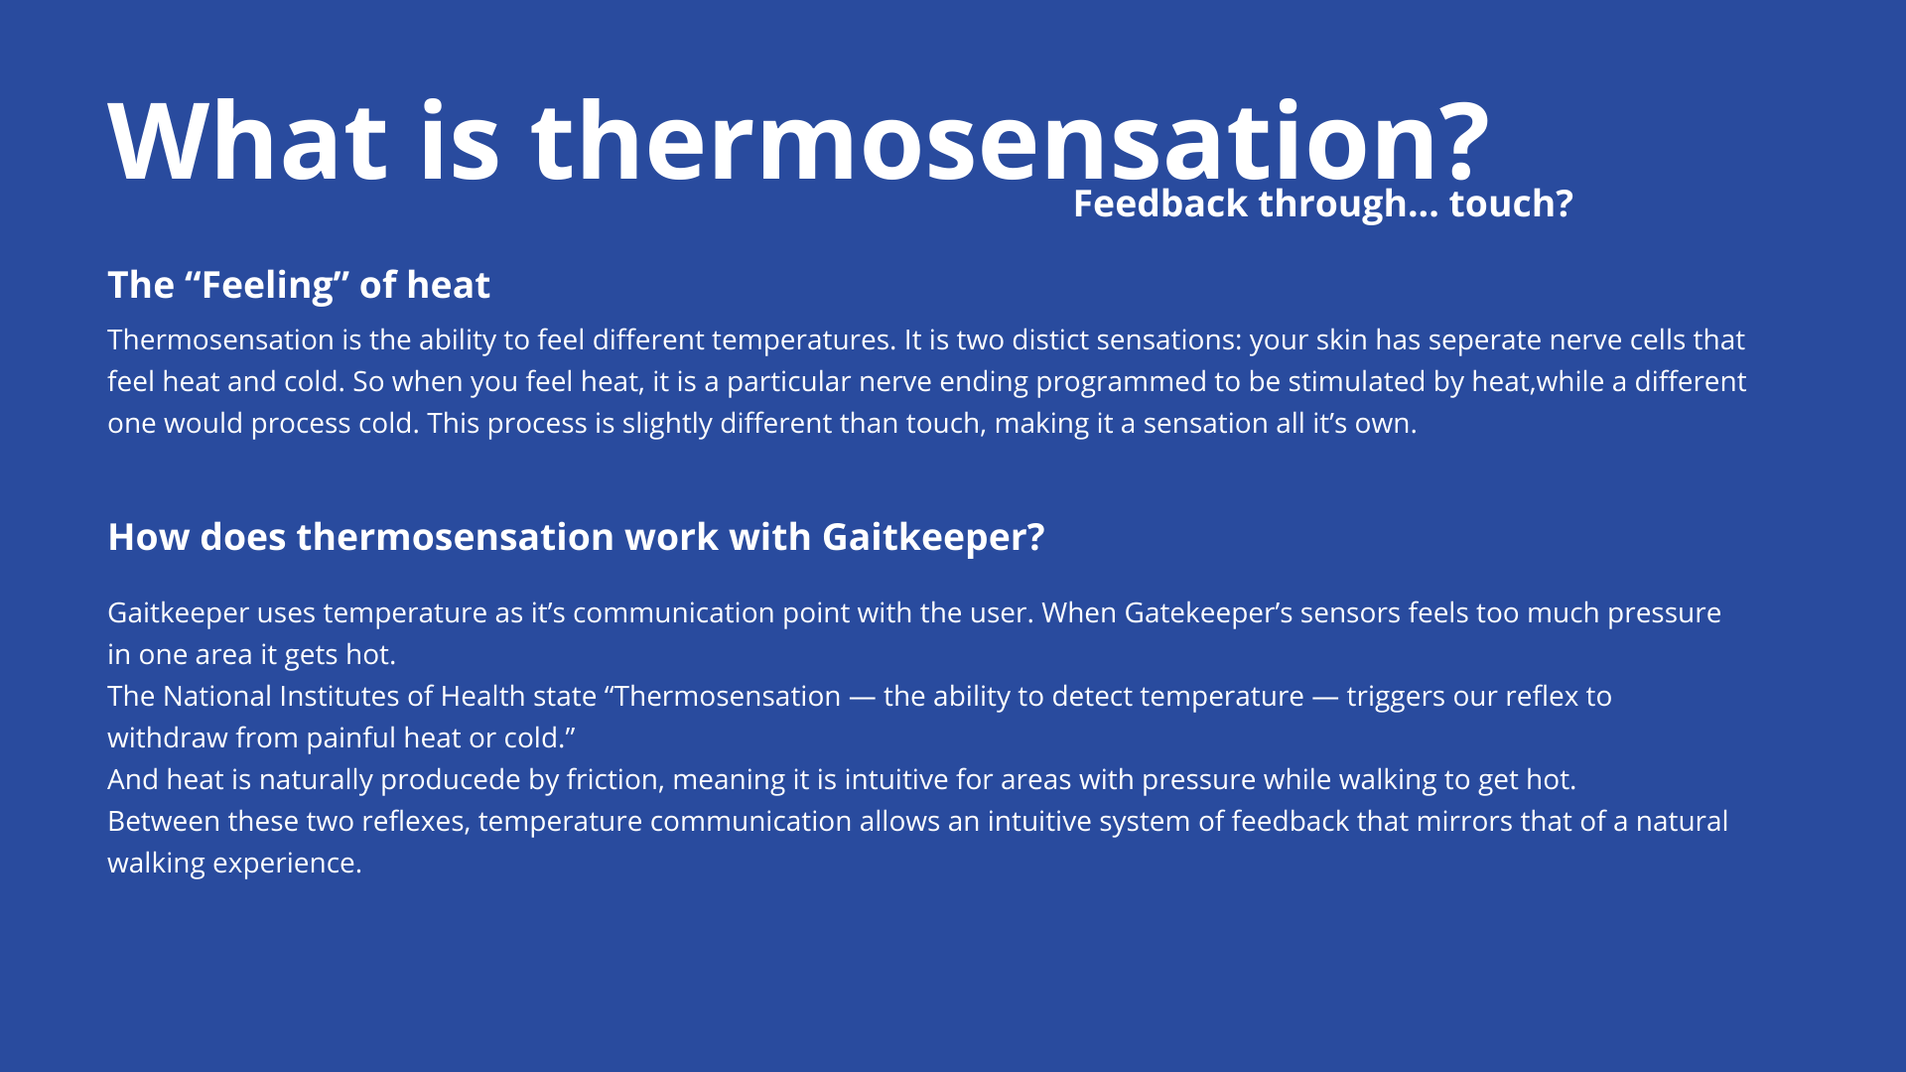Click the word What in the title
(x=247, y=142)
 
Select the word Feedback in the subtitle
(x=1160, y=203)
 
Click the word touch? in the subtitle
(x=1511, y=203)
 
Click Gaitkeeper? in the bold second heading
(x=933, y=537)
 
